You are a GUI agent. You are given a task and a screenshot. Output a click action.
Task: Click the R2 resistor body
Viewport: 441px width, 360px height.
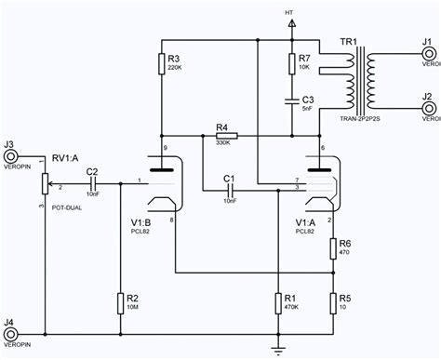tap(120, 303)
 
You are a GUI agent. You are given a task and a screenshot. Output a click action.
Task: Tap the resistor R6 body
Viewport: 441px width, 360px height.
tap(332, 248)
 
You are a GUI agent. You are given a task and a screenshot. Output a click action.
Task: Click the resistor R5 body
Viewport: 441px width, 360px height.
tap(332, 303)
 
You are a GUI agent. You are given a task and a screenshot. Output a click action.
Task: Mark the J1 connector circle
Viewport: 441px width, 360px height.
tap(430, 55)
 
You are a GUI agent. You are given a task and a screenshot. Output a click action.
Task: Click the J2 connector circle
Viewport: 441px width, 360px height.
tap(430, 109)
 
